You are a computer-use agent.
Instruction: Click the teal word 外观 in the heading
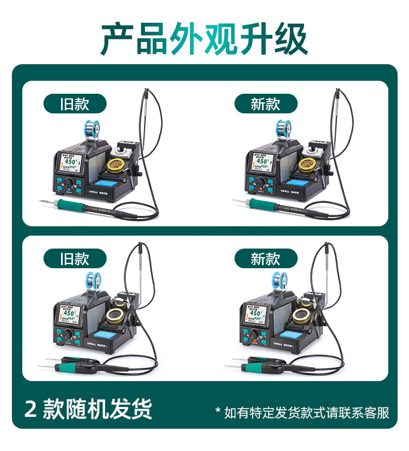[x=204, y=39]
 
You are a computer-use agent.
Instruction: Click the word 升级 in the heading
[x=274, y=39]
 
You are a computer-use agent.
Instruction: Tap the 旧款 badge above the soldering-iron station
[x=75, y=104]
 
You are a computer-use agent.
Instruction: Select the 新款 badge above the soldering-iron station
[x=266, y=104]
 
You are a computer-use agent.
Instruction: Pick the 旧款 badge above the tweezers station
[x=75, y=258]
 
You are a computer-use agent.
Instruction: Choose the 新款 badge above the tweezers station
[x=266, y=258]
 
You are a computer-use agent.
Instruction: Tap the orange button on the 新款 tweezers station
[x=255, y=341]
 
